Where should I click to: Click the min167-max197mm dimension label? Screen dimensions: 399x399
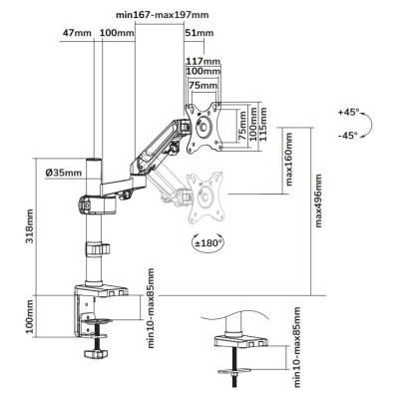point(163,15)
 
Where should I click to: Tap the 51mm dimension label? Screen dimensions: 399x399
point(199,33)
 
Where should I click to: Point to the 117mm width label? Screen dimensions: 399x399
point(203,62)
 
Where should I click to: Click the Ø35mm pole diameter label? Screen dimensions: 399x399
point(64,173)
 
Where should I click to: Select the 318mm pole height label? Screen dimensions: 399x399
point(30,226)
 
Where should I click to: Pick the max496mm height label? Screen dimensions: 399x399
point(318,200)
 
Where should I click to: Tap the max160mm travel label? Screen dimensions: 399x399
point(289,160)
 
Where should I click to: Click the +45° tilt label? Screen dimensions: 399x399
point(349,112)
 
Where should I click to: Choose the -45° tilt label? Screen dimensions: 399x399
point(348,135)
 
